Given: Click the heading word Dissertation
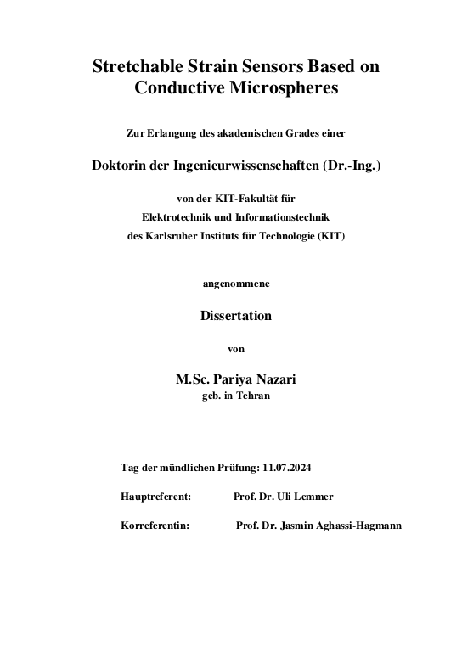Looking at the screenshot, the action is coord(236,316).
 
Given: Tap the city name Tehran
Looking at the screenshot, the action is coord(254,396).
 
